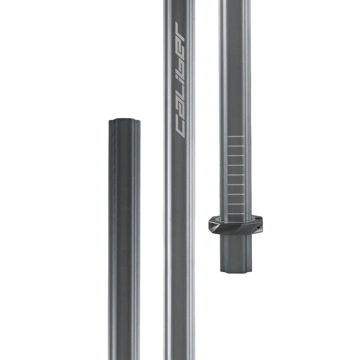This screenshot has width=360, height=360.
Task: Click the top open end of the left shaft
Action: pos(124,120)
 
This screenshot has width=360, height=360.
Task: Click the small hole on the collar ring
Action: pos(258,227)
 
